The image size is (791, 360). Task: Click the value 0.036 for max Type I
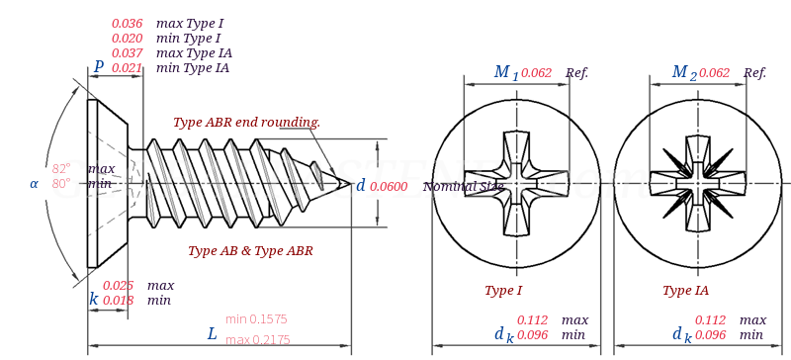pyautogui.click(x=127, y=23)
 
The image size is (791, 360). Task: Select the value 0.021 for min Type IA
pyautogui.click(x=127, y=67)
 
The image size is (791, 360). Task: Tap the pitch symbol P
pyautogui.click(x=98, y=67)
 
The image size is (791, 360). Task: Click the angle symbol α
pyautogui.click(x=34, y=183)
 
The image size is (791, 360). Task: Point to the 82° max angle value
pyautogui.click(x=61, y=168)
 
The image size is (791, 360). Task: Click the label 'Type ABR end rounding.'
pyautogui.click(x=246, y=122)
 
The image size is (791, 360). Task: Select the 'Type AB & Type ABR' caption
pyautogui.click(x=250, y=250)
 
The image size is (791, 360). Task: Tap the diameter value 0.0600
pyautogui.click(x=389, y=186)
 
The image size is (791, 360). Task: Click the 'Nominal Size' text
pyautogui.click(x=463, y=186)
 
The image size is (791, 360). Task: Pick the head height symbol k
pyautogui.click(x=93, y=299)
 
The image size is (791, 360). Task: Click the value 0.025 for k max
pyautogui.click(x=118, y=285)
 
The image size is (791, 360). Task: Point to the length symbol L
pyautogui.click(x=212, y=334)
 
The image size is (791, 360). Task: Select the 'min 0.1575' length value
pyautogui.click(x=256, y=318)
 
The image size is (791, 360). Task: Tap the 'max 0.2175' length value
pyautogui.click(x=257, y=339)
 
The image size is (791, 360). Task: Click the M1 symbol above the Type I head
pyautogui.click(x=505, y=72)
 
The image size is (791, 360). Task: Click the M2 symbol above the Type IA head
pyautogui.click(x=683, y=72)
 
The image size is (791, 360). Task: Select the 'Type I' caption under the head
pyautogui.click(x=503, y=290)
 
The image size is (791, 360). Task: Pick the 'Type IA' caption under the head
pyautogui.click(x=685, y=290)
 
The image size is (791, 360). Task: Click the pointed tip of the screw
pyautogui.click(x=350, y=183)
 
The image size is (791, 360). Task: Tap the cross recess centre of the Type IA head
pyautogui.click(x=698, y=183)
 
